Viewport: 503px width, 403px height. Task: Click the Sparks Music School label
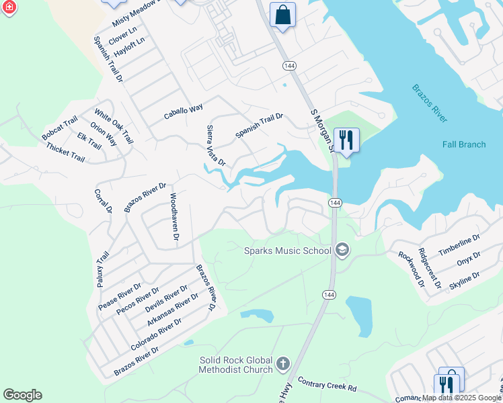[x=287, y=251]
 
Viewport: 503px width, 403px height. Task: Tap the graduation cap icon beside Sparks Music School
[x=342, y=251]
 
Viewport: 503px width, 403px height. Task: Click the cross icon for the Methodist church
[x=283, y=365]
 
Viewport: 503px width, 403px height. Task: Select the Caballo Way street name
[x=184, y=111]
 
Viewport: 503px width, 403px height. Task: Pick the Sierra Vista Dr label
[x=215, y=146]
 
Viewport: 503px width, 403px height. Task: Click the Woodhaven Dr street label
[x=173, y=218]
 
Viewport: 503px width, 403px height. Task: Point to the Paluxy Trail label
[x=102, y=269]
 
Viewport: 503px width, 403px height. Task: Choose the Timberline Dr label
[x=459, y=245]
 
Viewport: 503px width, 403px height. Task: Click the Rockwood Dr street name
[x=412, y=269]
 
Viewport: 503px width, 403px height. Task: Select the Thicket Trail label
[x=65, y=155]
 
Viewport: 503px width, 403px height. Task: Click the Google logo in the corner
[x=22, y=395]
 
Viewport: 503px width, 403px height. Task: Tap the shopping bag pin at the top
[x=283, y=14]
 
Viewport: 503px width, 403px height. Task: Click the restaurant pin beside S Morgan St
[x=346, y=140]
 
